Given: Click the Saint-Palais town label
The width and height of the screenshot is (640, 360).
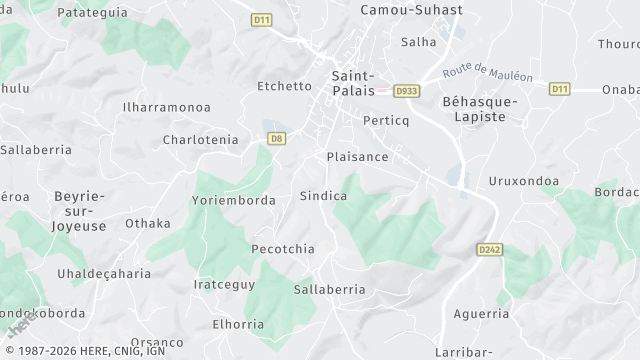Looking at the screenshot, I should coord(352,83).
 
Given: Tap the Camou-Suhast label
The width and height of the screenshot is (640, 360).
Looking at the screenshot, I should coord(412,10).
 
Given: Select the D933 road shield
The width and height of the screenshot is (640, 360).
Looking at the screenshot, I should coord(406,90).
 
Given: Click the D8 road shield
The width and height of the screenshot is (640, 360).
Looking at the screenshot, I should coord(277,139).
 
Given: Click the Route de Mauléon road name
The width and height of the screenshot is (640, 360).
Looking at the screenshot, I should coord(489,72).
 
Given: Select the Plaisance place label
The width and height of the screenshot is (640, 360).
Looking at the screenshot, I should coord(357,157).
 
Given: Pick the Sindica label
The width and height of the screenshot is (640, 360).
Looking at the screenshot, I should coord(324,196).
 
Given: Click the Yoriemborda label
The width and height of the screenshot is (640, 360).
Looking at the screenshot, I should coord(233,200).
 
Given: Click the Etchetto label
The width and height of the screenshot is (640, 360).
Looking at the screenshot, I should coord(285,86).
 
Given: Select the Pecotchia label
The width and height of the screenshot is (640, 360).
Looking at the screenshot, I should coord(283,249).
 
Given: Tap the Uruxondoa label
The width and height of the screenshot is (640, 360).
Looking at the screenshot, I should coord(522,181).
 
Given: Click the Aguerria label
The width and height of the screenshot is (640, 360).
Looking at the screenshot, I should coord(481,314).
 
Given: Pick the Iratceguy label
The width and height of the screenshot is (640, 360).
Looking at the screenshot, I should coord(225,284).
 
